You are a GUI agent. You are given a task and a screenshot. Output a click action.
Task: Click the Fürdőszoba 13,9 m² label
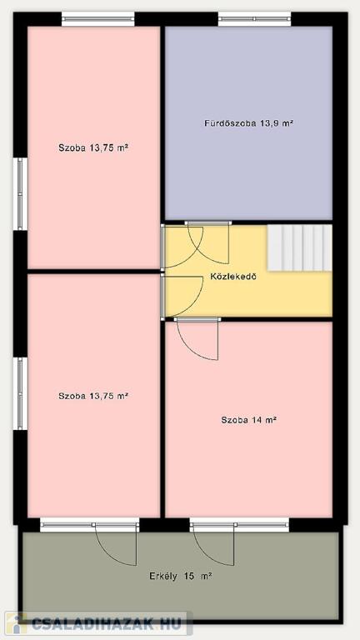249,122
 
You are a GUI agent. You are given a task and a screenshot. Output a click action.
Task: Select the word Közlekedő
233,277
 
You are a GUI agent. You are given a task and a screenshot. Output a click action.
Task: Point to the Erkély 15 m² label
180,577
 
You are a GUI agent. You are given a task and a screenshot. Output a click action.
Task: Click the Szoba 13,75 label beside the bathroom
93,147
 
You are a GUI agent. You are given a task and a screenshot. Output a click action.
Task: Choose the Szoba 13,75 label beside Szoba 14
93,396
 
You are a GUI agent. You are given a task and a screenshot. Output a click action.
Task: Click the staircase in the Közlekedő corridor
300,247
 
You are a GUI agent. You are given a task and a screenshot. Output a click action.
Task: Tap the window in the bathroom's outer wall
254,19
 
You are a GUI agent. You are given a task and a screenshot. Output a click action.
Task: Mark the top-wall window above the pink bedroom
98,19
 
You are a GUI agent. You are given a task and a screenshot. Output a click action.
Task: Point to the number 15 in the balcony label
189,577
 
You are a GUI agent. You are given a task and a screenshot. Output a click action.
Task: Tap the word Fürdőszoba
230,122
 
